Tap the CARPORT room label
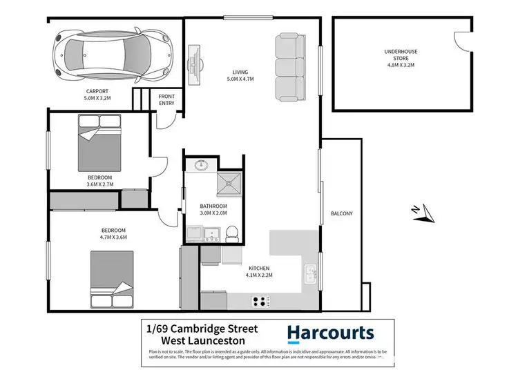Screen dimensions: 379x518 pos(97,94)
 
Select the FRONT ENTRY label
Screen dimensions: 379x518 pos(166,99)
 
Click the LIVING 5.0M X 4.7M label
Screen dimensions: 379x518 pos(240,75)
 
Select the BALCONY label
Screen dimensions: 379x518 pos(341,213)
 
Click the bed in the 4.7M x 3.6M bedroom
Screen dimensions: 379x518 pos(112,280)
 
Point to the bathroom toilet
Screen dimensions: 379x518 pos(233,232)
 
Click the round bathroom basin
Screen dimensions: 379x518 pos(202,166)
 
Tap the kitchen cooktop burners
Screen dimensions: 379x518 pos(262,300)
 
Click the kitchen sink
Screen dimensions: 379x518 pos(311,275)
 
